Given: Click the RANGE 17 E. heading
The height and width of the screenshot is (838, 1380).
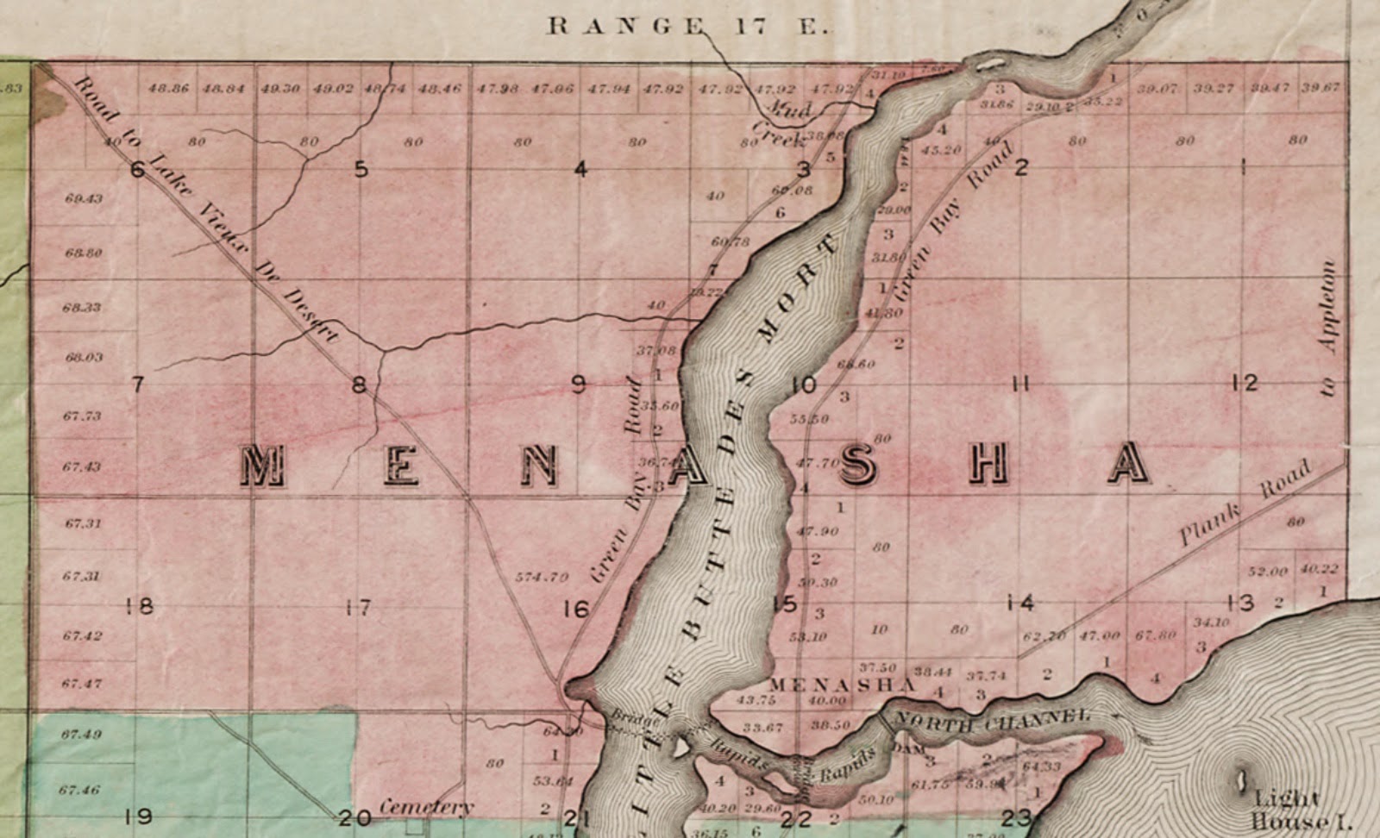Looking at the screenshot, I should click(688, 26).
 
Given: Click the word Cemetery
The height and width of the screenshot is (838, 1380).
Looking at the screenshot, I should click(426, 807).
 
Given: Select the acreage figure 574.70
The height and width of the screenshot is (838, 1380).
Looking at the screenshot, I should click(541, 577).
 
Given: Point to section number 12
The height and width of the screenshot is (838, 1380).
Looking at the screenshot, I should click(1245, 383).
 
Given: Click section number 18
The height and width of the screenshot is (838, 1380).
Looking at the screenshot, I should click(139, 605).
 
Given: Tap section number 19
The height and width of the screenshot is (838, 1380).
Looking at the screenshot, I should click(139, 816).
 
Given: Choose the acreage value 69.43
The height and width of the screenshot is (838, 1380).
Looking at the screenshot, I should click(84, 198).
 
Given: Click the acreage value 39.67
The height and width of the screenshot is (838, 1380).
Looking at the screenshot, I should click(1320, 88).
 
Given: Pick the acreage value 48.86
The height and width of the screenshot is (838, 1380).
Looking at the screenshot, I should click(168, 88).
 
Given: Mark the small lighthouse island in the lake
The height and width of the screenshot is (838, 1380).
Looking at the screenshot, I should click(1242, 781).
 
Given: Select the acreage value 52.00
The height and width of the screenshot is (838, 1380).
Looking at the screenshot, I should click(1267, 572).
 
